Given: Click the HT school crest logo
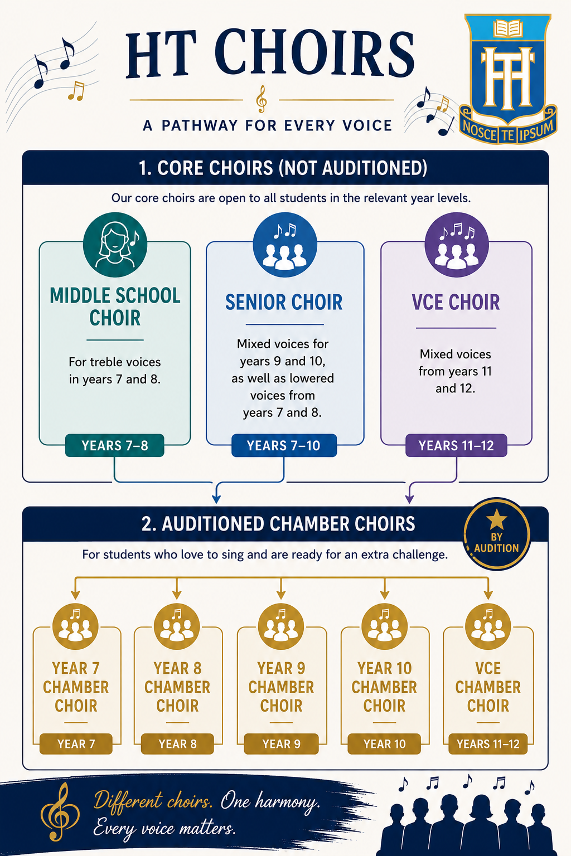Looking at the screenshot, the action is (x=508, y=79).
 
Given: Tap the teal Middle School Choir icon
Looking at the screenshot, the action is (x=115, y=245).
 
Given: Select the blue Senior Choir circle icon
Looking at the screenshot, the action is (x=285, y=245).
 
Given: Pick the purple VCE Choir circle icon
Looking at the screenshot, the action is (x=457, y=245).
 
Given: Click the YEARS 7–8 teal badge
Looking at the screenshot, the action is (x=115, y=445).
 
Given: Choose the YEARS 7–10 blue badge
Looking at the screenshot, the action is (x=284, y=445).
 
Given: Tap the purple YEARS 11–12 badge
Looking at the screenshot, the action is (x=456, y=445).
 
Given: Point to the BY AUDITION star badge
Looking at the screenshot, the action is (x=497, y=534).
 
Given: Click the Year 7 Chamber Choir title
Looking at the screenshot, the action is (x=76, y=687).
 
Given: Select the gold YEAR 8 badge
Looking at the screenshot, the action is (x=177, y=743).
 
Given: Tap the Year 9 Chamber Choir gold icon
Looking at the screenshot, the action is (x=281, y=626).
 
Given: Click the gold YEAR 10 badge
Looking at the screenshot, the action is (x=384, y=743).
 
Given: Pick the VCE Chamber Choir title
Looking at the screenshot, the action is (x=488, y=687).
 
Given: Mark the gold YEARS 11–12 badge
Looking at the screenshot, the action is (x=488, y=743).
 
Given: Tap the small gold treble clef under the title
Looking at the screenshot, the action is (x=262, y=99).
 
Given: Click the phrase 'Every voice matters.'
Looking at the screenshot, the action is (x=164, y=829).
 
